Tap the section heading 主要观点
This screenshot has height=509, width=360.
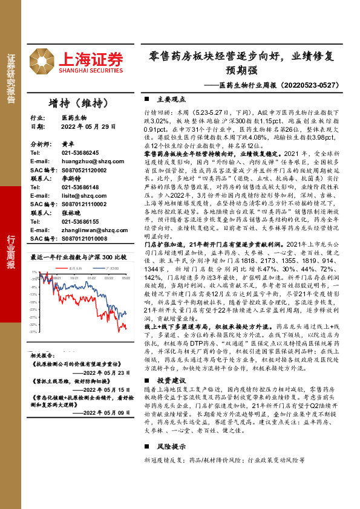(x=165, y=99)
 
